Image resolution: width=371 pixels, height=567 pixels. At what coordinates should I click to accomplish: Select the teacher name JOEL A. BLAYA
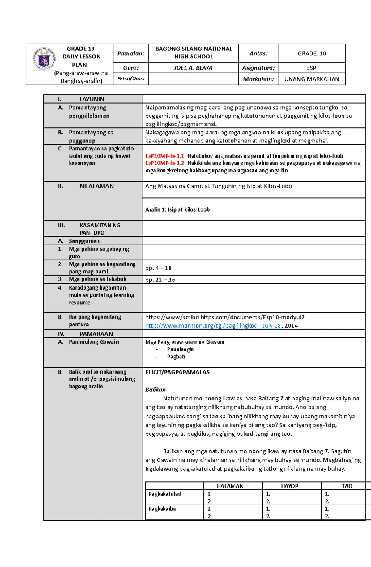coord(193,68)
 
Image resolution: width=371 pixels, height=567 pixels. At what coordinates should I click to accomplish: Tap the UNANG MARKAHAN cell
coord(312,79)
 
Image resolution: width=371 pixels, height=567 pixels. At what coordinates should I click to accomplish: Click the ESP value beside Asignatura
coord(311,68)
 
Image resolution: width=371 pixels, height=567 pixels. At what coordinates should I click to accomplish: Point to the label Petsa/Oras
coord(131,79)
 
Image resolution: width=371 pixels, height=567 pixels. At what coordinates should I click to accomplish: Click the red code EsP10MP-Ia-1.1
coord(164,156)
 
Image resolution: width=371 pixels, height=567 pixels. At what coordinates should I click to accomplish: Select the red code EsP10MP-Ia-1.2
coord(164,163)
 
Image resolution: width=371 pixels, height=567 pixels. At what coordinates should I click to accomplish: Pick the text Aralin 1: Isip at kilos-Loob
coord(177,210)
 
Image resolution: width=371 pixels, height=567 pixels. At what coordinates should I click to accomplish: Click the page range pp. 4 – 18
coord(158,268)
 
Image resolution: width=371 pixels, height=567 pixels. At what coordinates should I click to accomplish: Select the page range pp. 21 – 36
coord(160,280)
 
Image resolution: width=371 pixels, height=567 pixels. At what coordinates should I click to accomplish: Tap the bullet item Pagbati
coord(176,357)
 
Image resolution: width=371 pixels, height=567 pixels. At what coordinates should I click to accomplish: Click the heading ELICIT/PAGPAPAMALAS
coord(177,372)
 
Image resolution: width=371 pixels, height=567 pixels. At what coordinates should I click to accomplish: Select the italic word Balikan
coord(156,390)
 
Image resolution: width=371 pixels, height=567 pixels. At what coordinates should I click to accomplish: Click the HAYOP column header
coord(289,486)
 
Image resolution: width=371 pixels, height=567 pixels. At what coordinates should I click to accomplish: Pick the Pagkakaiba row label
coord(162,509)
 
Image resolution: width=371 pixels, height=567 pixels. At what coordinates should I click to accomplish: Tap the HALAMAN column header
coord(230,486)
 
